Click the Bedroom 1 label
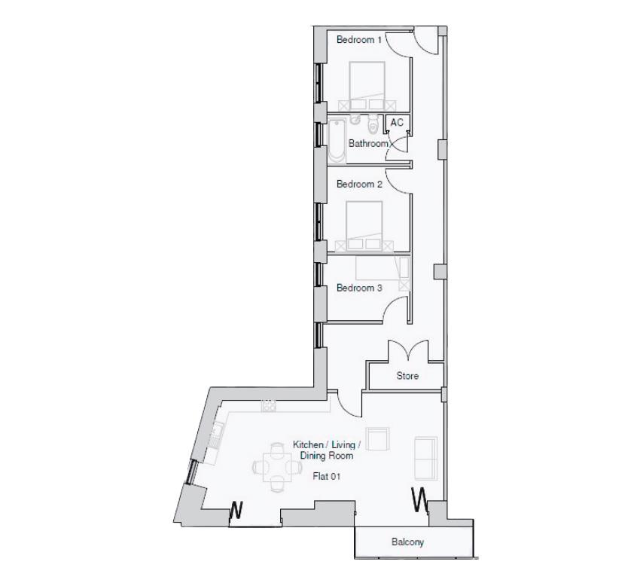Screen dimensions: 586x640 pos(358,39)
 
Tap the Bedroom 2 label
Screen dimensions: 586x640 pos(359,184)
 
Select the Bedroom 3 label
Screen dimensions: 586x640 pos(359,288)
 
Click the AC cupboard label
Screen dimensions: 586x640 pos(397,123)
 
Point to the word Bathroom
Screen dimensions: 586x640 pos(367,143)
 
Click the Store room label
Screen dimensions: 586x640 pos(407,376)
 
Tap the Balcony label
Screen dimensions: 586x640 pos(407,542)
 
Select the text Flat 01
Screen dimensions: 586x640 pos(328,476)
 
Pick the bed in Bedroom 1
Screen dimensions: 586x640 pos(367,83)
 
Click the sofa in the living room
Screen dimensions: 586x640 pos(425,457)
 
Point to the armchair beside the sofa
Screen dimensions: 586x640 pos(377,441)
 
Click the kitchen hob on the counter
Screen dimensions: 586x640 pos(268,406)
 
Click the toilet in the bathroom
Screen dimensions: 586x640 pos(372,124)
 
